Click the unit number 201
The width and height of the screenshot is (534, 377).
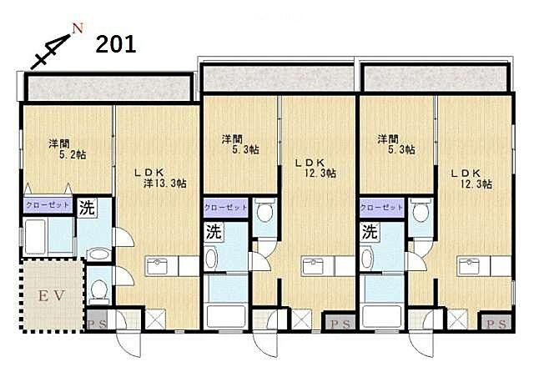pyautogui.click(x=116, y=44)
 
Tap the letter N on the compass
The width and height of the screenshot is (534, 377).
pyautogui.click(x=78, y=28)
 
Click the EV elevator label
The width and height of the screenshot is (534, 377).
pyautogui.click(x=52, y=296)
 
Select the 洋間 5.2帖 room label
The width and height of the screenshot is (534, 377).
pyautogui.click(x=67, y=149)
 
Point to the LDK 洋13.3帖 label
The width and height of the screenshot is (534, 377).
pyautogui.click(x=160, y=178)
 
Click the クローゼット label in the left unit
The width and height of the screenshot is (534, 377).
pyautogui.click(x=48, y=205)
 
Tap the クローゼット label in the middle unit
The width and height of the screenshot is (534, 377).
pyautogui.click(x=226, y=208)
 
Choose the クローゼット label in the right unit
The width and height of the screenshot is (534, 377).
pyautogui.click(x=382, y=208)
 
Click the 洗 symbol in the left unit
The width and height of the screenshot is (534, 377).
pyautogui.click(x=87, y=208)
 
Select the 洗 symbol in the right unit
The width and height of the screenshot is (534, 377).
pyautogui.click(x=370, y=233)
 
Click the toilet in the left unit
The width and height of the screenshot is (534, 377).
pyautogui.click(x=99, y=290)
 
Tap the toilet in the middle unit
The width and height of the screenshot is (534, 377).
pyautogui.click(x=264, y=212)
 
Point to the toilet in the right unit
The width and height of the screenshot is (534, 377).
pyautogui.click(x=421, y=212)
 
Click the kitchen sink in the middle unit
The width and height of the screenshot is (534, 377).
pyautogui.click(x=314, y=266)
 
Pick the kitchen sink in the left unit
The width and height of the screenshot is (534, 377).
pyautogui.click(x=157, y=265)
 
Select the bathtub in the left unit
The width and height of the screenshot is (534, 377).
pyautogui.click(x=35, y=236)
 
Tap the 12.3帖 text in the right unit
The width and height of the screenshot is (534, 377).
pyautogui.click(x=476, y=183)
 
